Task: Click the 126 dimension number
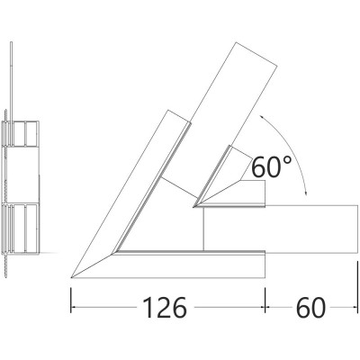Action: [165, 307]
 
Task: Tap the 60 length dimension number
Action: [310, 307]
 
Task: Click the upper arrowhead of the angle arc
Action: [262, 116]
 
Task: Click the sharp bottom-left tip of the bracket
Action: [71, 278]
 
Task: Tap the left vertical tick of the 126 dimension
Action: [71, 300]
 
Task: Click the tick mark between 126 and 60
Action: [265, 300]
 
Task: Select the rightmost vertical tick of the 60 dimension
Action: [357, 288]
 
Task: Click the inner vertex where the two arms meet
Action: [193, 207]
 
